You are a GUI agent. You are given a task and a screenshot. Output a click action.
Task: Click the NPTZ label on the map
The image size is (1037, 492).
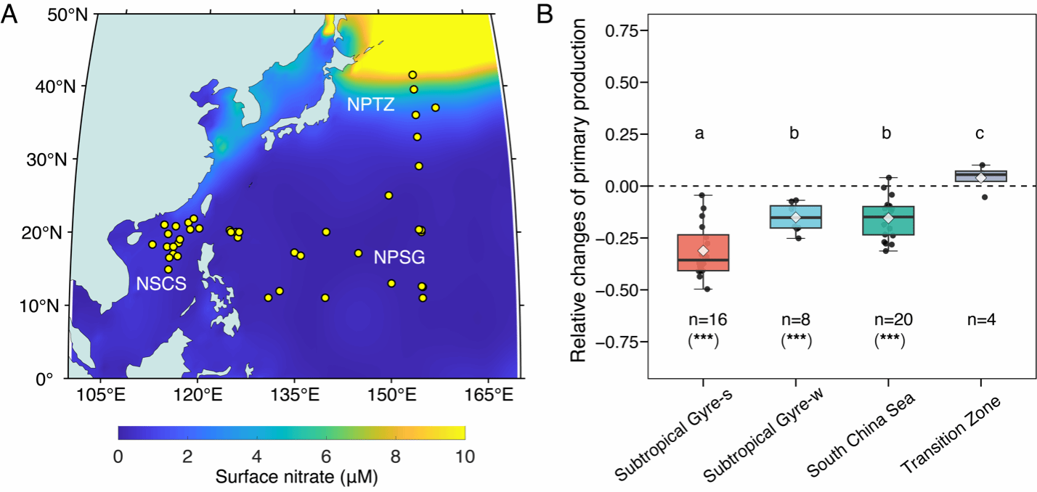(x=370, y=104)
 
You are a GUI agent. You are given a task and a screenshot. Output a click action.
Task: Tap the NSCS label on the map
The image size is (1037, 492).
(x=161, y=284)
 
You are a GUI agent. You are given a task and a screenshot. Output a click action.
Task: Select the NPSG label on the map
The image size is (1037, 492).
(x=399, y=257)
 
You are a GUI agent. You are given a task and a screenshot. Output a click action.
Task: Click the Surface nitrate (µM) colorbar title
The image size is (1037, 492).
(x=290, y=477)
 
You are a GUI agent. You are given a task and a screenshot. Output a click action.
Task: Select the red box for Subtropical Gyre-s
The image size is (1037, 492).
(x=703, y=253)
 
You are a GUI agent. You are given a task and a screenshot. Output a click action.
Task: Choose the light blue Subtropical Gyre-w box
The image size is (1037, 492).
(x=796, y=216)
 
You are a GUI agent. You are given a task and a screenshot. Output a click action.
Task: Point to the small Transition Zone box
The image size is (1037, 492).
(x=981, y=176)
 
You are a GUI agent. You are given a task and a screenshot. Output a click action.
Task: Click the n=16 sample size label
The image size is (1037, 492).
(x=703, y=319)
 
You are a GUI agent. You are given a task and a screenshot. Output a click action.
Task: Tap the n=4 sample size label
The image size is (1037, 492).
(x=980, y=319)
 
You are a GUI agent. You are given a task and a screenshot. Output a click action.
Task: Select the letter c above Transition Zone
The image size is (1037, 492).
(x=981, y=134)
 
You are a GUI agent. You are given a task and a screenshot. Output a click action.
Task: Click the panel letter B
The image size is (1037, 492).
(x=545, y=15)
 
